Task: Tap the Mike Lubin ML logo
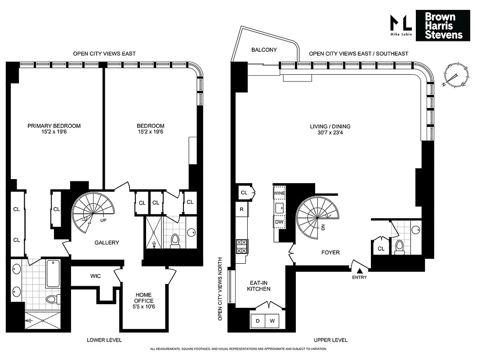click(400, 25)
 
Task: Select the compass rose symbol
click(455, 75)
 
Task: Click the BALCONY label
click(264, 50)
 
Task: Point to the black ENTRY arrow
click(360, 270)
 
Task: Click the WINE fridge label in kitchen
click(279, 193)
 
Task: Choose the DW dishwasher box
click(279, 221)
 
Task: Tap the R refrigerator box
click(241, 209)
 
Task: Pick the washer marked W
click(272, 321)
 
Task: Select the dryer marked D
click(258, 321)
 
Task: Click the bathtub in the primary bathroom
click(53, 274)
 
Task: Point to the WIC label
click(95, 275)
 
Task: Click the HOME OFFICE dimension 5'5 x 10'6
click(144, 307)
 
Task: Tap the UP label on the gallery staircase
click(103, 220)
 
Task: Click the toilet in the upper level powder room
click(399, 247)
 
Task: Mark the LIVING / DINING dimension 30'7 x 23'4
click(330, 133)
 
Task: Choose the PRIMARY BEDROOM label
click(54, 126)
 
